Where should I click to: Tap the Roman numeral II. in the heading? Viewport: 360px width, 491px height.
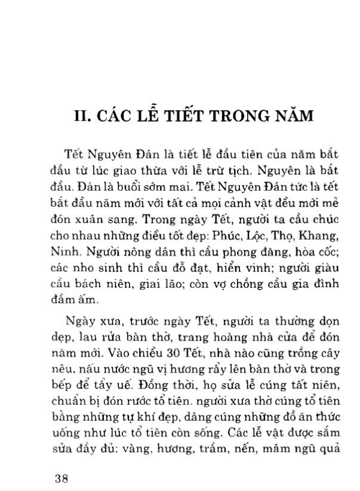click(82, 114)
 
